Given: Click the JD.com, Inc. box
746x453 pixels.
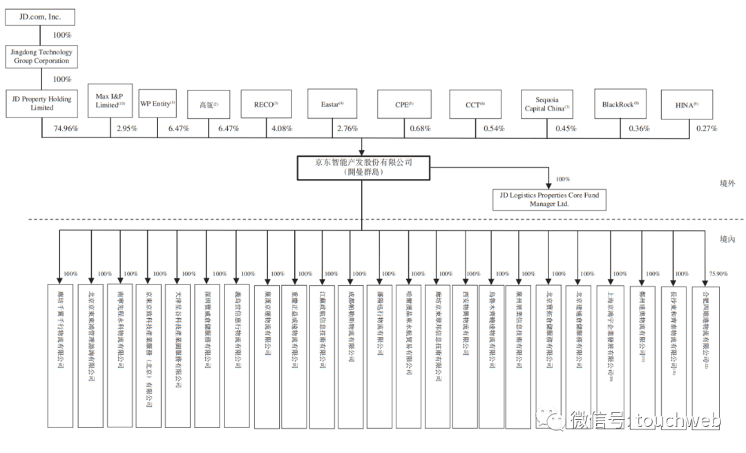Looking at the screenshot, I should coord(39,17).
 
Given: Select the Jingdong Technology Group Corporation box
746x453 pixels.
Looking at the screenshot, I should coord(41,57).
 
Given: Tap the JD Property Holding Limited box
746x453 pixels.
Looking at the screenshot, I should coord(41,104).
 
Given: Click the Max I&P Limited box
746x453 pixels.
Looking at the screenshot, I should coord(111,101).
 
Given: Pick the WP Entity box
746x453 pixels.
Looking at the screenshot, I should coord(157,103).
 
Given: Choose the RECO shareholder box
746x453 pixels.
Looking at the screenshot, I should coord(266,104).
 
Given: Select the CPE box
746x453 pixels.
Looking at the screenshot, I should coord(403,104).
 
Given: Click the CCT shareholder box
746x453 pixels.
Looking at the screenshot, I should coord(475,104).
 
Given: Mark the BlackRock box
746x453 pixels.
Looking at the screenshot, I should coord(620,104).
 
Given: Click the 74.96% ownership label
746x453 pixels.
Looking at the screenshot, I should coord(66,129).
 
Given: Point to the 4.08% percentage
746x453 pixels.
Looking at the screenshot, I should coord(283,129).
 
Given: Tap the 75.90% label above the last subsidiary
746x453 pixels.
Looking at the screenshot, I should coord(718,274).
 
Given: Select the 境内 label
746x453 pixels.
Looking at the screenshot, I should coord(727,239).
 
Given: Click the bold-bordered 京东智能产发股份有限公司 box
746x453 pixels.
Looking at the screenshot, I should coord(363,167).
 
